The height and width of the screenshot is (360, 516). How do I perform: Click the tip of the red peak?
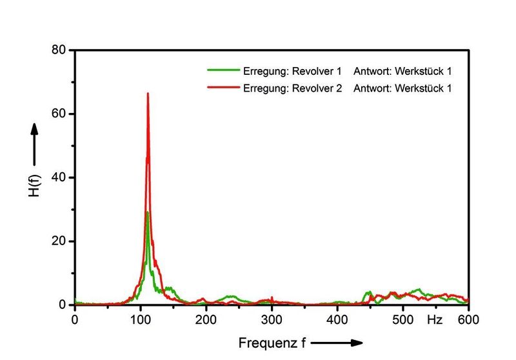pos(148,94)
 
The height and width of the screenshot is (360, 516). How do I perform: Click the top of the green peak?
pos(147,212)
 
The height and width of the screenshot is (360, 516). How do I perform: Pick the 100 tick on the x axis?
pos(141,319)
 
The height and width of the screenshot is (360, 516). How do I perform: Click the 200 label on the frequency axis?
pos(206,319)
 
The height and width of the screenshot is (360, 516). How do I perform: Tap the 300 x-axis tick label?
pos(272,319)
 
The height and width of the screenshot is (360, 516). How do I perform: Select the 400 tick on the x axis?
pos(337,319)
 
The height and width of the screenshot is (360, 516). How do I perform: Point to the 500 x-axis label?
pos(402,319)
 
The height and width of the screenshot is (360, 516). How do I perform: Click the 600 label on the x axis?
pos(468,319)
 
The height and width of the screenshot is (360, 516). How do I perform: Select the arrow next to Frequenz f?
pos(339,342)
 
